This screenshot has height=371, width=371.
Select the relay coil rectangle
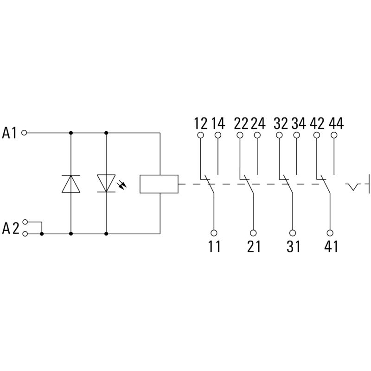coord(159,184)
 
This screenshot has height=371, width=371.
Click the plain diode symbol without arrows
coord(71,184)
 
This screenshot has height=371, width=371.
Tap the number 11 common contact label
coord(214,247)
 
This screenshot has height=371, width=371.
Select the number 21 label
coord(254,247)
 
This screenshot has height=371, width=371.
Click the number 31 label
coord(293,247)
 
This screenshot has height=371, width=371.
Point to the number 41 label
coord(331,247)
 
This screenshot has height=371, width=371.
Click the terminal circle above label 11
coord(214,233)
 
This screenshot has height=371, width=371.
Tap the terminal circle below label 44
coord(335,135)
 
